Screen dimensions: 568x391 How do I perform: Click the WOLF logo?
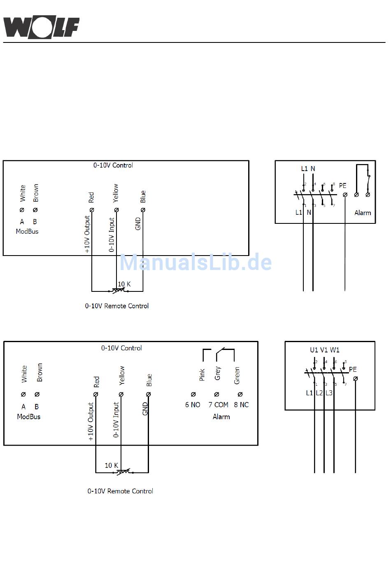[41, 28]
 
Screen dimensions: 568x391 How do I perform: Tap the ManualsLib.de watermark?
[195, 263]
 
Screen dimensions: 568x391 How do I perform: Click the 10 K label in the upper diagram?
[124, 284]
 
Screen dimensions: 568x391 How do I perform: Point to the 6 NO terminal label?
[193, 405]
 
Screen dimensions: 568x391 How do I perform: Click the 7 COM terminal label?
[218, 405]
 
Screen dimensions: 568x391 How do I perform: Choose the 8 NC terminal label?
[241, 405]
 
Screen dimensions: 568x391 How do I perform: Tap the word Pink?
[202, 375]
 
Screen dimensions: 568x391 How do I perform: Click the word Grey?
[217, 373]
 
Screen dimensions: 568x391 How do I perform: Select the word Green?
[237, 376]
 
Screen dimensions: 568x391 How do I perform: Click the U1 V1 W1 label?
[324, 350]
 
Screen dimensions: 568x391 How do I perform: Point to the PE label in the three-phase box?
[353, 369]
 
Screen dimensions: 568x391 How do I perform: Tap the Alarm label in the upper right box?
[363, 213]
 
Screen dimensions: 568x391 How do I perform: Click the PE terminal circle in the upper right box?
[345, 195]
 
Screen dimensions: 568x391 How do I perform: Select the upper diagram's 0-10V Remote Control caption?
[117, 306]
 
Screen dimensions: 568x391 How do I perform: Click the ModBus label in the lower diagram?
[29, 417]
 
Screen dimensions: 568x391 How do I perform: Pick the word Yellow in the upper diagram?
[116, 193]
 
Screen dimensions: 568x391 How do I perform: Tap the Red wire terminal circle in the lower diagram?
[95, 394]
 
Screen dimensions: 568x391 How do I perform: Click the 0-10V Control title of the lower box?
[121, 348]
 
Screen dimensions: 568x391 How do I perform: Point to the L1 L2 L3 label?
[319, 393]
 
